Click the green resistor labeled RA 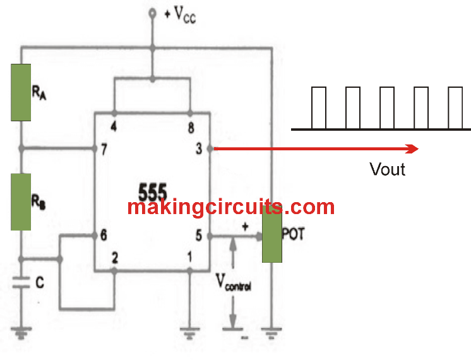pos(21,92)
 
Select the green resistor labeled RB pos(21,202)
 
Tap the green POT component pos(273,237)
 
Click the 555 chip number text pos(152,190)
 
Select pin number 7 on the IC pos(103,150)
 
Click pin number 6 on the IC pos(103,236)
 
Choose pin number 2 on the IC pos(115,258)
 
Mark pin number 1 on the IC pos(189,258)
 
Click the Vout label pos(387,169)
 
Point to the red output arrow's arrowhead pos(412,149)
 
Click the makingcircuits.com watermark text pos(230,207)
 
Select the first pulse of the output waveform pos(319,107)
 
